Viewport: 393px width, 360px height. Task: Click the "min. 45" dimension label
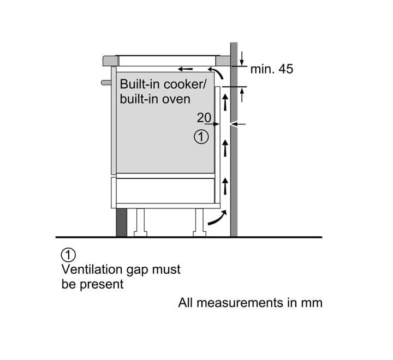pos(271,69)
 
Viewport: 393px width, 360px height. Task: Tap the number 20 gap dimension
pos(204,117)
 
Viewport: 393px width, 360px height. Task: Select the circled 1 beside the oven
pos(201,137)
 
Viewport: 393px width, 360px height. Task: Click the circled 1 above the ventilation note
pos(68,255)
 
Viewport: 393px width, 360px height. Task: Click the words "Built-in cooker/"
pos(156,85)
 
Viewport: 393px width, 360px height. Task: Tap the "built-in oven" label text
pos(155,99)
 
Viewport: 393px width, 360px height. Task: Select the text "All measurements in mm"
pos(250,302)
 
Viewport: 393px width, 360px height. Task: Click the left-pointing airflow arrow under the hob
pos(185,69)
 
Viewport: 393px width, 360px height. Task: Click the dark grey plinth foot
pos(121,222)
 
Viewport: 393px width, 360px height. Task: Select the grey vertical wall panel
pos(234,164)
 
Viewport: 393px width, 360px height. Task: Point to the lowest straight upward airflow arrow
pos(224,185)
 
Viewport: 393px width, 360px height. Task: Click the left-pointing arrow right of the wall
pos(239,124)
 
